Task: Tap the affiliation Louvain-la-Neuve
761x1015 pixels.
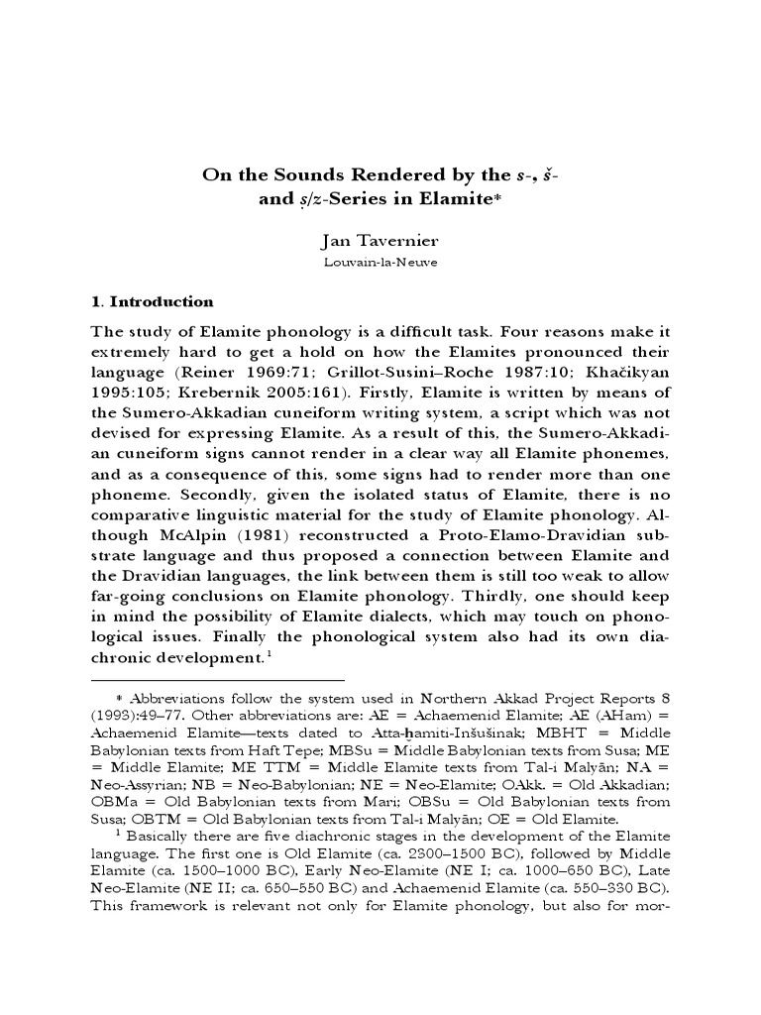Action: coord(380,264)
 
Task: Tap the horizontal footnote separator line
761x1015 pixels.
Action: coord(217,680)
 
